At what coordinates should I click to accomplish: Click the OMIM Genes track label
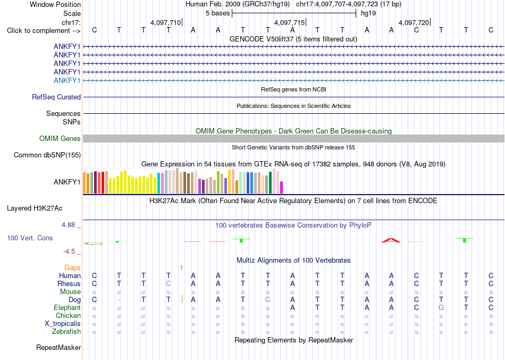[60, 139]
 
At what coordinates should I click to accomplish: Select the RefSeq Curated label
[56, 97]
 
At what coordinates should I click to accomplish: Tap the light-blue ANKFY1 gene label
[67, 80]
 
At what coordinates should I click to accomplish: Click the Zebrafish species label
[66, 332]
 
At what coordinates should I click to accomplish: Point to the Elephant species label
[67, 308]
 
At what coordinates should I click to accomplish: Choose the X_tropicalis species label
[63, 324]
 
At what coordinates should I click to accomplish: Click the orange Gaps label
[72, 268]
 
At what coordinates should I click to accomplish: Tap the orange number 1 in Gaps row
[182, 268]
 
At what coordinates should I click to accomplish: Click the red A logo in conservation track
[391, 240]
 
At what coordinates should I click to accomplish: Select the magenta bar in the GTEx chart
[281, 188]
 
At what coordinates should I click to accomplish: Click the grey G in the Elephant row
[441, 308]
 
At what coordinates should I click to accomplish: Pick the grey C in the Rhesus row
[168, 284]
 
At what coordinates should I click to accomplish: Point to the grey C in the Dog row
[267, 300]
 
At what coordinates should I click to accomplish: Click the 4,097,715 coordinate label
[289, 22]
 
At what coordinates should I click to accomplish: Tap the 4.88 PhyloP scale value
[68, 224]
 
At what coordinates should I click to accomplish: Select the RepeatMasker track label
[58, 347]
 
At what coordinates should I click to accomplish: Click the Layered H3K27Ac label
[35, 208]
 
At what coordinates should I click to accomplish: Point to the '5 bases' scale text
[218, 13]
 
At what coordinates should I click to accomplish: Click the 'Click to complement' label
[44, 31]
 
